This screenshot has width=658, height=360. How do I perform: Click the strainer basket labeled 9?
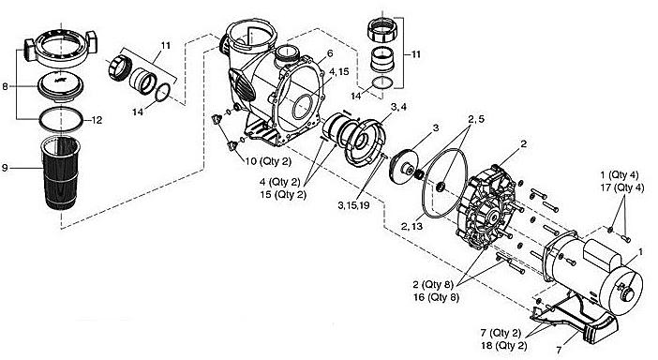click(60, 172)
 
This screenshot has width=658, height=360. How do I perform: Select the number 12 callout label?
click(97, 120)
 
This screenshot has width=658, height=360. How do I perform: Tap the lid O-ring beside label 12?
click(60, 119)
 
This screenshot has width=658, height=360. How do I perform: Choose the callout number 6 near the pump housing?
click(330, 53)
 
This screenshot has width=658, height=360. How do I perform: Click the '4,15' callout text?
click(338, 72)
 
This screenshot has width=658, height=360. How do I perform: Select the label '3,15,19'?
click(353, 205)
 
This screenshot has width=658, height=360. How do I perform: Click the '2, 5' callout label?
click(476, 119)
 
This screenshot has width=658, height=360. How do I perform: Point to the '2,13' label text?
click(411, 227)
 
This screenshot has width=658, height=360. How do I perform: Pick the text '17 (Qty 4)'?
click(622, 187)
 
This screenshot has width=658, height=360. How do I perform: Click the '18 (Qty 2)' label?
click(503, 346)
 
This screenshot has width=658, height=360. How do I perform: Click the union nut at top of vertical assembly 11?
click(381, 30)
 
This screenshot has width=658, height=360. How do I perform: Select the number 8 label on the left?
click(5, 87)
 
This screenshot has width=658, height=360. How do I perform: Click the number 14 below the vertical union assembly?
click(356, 96)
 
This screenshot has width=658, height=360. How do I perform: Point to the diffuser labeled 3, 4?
click(364, 142)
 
